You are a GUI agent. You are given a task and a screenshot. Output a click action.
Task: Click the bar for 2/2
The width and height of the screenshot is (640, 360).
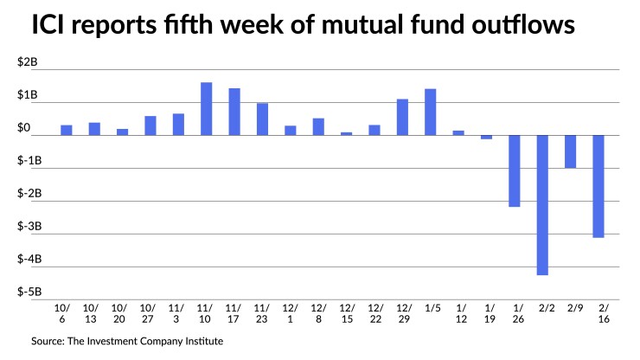click(542, 204)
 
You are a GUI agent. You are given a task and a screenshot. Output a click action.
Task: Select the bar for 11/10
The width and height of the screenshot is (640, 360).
click(206, 108)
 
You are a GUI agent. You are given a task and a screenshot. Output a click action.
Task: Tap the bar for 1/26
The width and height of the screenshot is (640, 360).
click(514, 170)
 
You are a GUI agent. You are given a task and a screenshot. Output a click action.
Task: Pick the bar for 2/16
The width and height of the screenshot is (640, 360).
click(598, 186)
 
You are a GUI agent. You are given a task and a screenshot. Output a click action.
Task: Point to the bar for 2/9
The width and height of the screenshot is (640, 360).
click(570, 151)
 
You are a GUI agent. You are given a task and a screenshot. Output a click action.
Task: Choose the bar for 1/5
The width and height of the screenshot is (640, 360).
click(430, 112)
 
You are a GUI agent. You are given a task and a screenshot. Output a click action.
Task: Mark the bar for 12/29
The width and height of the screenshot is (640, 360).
click(402, 117)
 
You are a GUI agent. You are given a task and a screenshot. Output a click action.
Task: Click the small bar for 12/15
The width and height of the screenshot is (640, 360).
click(346, 133)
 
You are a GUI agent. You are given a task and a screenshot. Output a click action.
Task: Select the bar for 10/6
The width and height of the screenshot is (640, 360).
click(67, 130)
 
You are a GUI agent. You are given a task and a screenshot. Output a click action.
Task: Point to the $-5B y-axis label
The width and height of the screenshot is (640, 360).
click(29, 292)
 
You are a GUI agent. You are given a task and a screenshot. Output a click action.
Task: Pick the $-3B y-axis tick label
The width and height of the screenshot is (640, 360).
click(29, 227)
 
